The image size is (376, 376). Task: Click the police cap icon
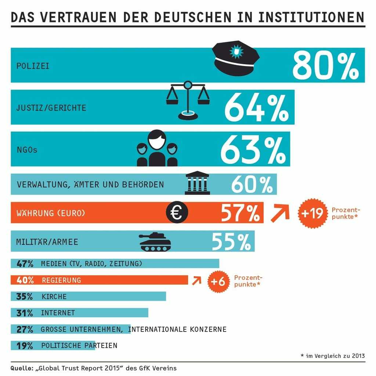click(236, 58)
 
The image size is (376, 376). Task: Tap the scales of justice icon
click(188, 100)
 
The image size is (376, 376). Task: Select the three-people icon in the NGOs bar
click(157, 148)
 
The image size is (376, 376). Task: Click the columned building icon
click(197, 183)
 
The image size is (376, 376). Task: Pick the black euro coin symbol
click(177, 213)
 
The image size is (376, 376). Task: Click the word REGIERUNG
click(61, 280)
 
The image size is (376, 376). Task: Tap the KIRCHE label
click(54, 296)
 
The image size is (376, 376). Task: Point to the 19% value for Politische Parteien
click(25, 346)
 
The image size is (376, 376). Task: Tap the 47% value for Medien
click(25, 263)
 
